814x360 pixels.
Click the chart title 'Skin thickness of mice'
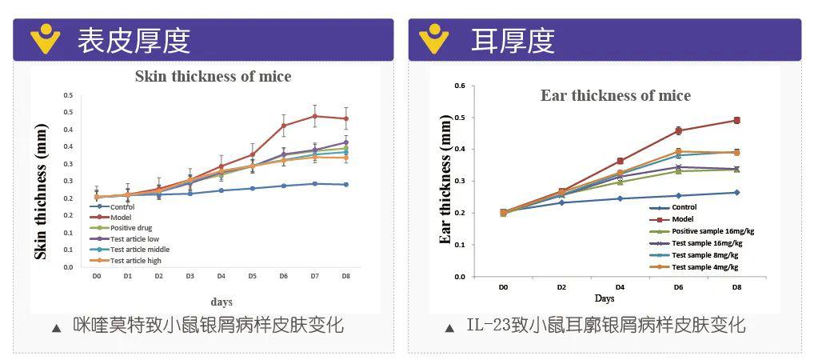(x=213, y=77)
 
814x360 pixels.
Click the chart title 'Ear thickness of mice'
(x=616, y=95)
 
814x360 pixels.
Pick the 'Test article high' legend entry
(x=135, y=260)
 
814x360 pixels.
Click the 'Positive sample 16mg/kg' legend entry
(x=712, y=230)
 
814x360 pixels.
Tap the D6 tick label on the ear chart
(x=678, y=286)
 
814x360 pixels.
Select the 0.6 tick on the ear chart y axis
(x=459, y=85)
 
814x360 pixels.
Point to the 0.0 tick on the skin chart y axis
(x=68, y=266)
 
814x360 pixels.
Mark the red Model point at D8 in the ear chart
(x=736, y=120)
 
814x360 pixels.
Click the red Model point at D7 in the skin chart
(x=314, y=116)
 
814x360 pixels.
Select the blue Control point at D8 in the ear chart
(x=736, y=192)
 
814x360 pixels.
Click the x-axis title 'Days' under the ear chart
(x=605, y=298)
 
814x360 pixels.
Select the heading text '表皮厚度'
(x=134, y=40)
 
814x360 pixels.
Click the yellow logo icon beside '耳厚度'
(x=434, y=38)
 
